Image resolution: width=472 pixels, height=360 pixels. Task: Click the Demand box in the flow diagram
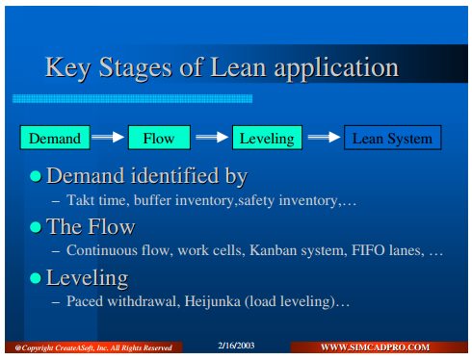pos(55,138)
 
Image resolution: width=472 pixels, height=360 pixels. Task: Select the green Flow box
pos(159,138)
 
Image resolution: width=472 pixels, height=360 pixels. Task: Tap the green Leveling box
pos(267,138)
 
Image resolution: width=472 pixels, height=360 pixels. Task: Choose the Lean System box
pos(393,138)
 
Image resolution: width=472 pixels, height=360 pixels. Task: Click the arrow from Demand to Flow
pos(108,137)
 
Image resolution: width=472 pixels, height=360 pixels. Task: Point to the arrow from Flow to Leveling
pos(212,137)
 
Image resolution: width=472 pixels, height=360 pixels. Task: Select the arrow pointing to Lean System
pos(324,137)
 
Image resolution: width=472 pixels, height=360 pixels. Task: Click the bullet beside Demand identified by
pos(36,176)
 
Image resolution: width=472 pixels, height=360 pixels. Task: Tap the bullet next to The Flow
pos(36,227)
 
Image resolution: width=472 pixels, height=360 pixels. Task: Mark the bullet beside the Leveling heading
pos(36,278)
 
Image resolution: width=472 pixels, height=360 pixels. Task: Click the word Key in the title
pos(67,68)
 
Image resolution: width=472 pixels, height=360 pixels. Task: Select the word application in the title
pos(336,68)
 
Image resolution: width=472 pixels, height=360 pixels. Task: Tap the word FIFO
pos(368,250)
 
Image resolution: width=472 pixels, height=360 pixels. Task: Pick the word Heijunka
pos(213,301)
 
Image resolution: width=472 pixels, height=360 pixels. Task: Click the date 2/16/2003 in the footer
pos(236,346)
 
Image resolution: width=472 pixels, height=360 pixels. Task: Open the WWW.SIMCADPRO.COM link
pos(375,347)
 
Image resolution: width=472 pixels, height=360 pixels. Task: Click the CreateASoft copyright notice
pos(93,347)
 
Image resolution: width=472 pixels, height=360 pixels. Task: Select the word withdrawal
pos(141,301)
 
